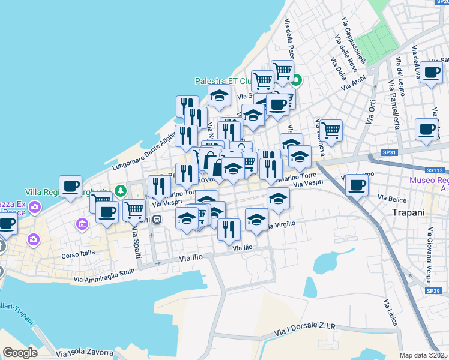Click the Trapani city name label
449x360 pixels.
tap(408, 212)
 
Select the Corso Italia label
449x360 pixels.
tap(78, 254)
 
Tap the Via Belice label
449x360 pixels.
tap(392, 197)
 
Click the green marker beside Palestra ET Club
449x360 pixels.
tap(297, 79)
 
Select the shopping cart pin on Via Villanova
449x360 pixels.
tap(331, 130)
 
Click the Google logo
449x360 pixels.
tap(20, 353)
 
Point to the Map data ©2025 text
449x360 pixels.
tap(423, 355)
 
